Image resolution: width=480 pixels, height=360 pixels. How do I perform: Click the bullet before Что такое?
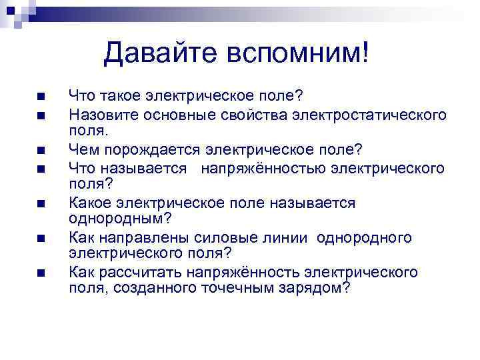41,98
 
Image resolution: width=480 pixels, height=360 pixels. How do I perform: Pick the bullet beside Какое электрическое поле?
41,203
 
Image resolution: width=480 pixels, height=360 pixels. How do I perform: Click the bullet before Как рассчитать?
41,273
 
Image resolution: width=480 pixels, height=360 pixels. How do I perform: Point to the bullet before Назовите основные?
41,115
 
